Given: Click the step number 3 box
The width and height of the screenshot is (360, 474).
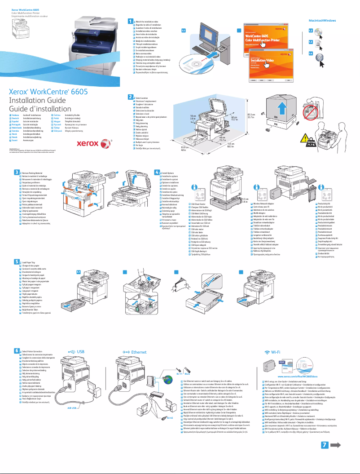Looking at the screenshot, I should (x=16, y=172).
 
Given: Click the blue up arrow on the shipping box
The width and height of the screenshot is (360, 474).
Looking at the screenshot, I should (x=281, y=109).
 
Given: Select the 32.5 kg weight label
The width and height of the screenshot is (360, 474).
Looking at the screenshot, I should (x=311, y=144).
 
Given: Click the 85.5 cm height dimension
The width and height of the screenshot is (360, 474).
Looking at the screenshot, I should (x=251, y=116).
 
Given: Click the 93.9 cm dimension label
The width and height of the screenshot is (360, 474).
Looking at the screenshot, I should (x=184, y=148).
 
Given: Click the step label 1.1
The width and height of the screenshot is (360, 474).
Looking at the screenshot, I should (x=184, y=31).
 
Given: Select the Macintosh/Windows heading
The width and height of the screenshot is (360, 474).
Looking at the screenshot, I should (x=322, y=21).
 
